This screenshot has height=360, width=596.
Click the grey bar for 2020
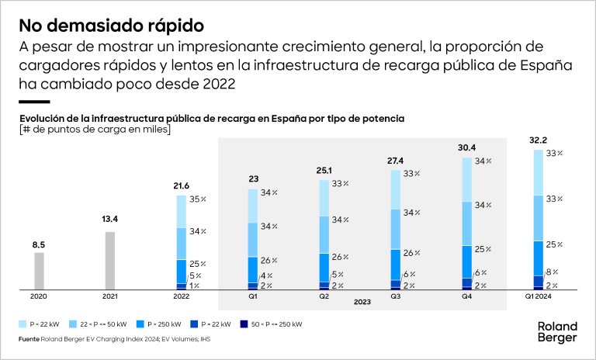click(x=39, y=271)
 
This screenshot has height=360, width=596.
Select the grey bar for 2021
click(x=109, y=261)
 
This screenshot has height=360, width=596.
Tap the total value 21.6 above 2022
click(x=181, y=186)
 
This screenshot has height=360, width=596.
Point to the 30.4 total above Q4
click(x=468, y=148)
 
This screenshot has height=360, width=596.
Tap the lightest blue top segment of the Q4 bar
click(x=468, y=179)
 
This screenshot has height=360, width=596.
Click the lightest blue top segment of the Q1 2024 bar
click(x=539, y=172)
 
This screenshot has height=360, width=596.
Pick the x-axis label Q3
click(x=395, y=296)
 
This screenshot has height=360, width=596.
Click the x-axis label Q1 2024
click(x=538, y=296)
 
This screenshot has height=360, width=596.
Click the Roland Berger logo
click(x=557, y=332)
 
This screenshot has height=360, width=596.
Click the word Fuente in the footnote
click(x=30, y=339)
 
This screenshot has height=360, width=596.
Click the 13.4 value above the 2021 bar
click(x=109, y=220)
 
